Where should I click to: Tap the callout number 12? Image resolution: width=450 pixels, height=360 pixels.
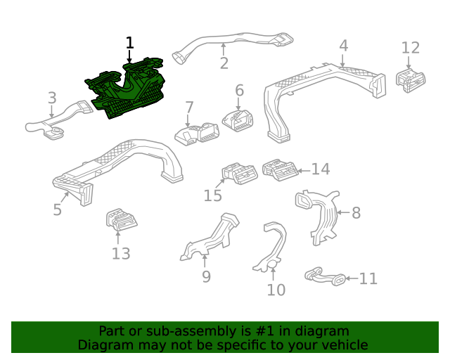tap(411, 48)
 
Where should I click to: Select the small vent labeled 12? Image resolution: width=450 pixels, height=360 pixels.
tap(411, 81)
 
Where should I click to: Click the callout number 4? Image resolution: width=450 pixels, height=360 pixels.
tap(344, 46)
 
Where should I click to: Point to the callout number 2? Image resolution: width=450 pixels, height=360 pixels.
tap(224, 63)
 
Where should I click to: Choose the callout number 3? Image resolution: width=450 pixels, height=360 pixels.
tap(52, 98)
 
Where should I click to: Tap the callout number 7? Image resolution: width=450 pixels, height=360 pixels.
tap(189, 108)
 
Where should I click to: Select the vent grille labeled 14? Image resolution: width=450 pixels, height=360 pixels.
tap(280, 170)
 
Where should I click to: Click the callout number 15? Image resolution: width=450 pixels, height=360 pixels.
tap(212, 195)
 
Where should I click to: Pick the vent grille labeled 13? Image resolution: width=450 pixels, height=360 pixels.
tap(122, 219)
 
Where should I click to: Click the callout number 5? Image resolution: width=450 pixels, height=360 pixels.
tap(58, 210)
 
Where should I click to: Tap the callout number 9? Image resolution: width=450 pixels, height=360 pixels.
tap(206, 276)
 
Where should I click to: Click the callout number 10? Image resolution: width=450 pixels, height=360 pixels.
tap(276, 290)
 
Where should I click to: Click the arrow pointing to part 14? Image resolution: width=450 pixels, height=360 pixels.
tap(304, 171)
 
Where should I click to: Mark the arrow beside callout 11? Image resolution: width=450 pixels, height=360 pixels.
tap(351, 278)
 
